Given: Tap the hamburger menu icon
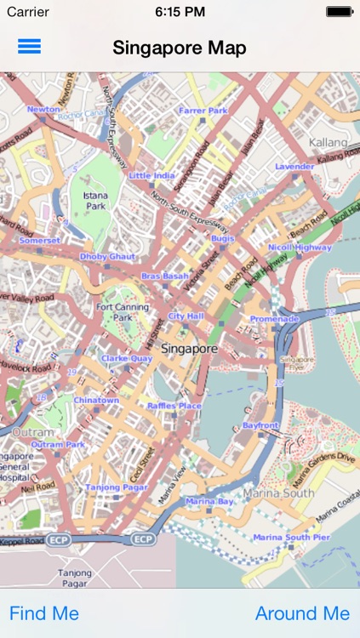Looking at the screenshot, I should click(x=29, y=47).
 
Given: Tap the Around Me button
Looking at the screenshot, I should click(x=302, y=613).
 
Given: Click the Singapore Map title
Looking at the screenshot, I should click(x=180, y=48).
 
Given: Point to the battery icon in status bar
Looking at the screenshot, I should click(x=339, y=12).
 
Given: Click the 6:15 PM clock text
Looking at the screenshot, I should click(x=180, y=12).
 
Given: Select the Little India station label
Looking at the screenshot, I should click(x=151, y=175).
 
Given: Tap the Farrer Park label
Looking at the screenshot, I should click(x=203, y=111).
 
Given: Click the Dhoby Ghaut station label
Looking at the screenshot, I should click(x=107, y=256).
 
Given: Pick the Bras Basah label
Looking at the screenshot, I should click(x=164, y=276).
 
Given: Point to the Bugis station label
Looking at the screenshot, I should click(x=223, y=239).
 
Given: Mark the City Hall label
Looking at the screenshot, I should click(x=186, y=316).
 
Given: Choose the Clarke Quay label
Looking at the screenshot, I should click(x=126, y=359).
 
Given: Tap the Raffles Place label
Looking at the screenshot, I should click(x=174, y=407).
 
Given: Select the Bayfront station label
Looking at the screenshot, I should click(x=260, y=424).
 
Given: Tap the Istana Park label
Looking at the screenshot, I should click(x=95, y=201).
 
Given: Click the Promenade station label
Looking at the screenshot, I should click(x=274, y=319).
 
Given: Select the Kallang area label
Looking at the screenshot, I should click(x=329, y=142).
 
